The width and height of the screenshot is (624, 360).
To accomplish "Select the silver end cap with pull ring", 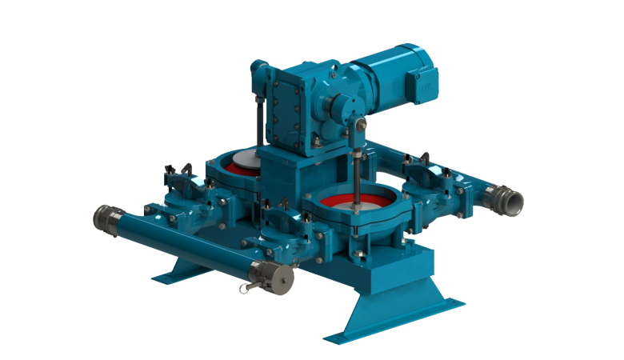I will point(272,277).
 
